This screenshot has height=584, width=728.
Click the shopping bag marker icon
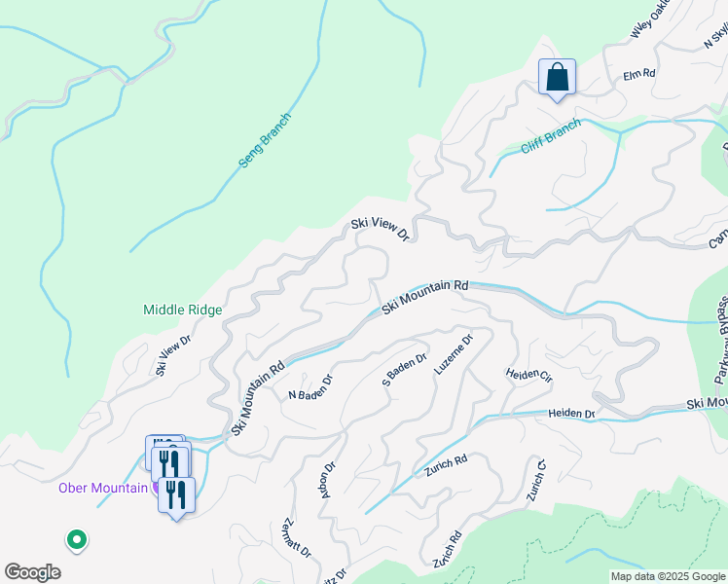tap(557, 77)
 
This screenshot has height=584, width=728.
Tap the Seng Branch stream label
tap(266, 140)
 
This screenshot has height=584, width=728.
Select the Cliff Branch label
tap(551, 135)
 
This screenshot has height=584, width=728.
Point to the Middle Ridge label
tap(183, 310)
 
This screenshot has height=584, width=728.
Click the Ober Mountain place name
tap(102, 488)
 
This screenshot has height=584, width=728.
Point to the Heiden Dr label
tap(571, 414)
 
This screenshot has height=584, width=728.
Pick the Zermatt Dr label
tap(296, 537)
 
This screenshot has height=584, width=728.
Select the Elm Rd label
tap(639, 73)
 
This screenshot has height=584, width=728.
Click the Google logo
tap(32, 572)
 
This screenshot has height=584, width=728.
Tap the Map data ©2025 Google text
tap(667, 576)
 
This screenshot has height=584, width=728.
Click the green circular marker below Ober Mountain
tap(76, 538)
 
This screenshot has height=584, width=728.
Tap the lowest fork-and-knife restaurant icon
tap(176, 495)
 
